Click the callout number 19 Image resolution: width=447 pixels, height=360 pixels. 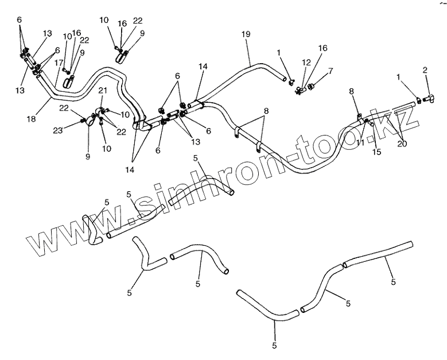pos(246,35)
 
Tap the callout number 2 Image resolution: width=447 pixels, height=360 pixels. pos(425,71)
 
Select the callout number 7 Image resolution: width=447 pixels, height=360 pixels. pos(330,71)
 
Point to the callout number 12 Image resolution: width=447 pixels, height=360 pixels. pos(306,62)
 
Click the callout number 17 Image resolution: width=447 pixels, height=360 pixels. pos(58,63)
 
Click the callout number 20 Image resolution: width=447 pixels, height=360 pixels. pos(402,144)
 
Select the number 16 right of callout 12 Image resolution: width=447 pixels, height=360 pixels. pos(323,48)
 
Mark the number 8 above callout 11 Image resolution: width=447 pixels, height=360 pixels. pos(351,91)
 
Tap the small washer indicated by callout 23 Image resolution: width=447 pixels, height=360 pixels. pos(84,120)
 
